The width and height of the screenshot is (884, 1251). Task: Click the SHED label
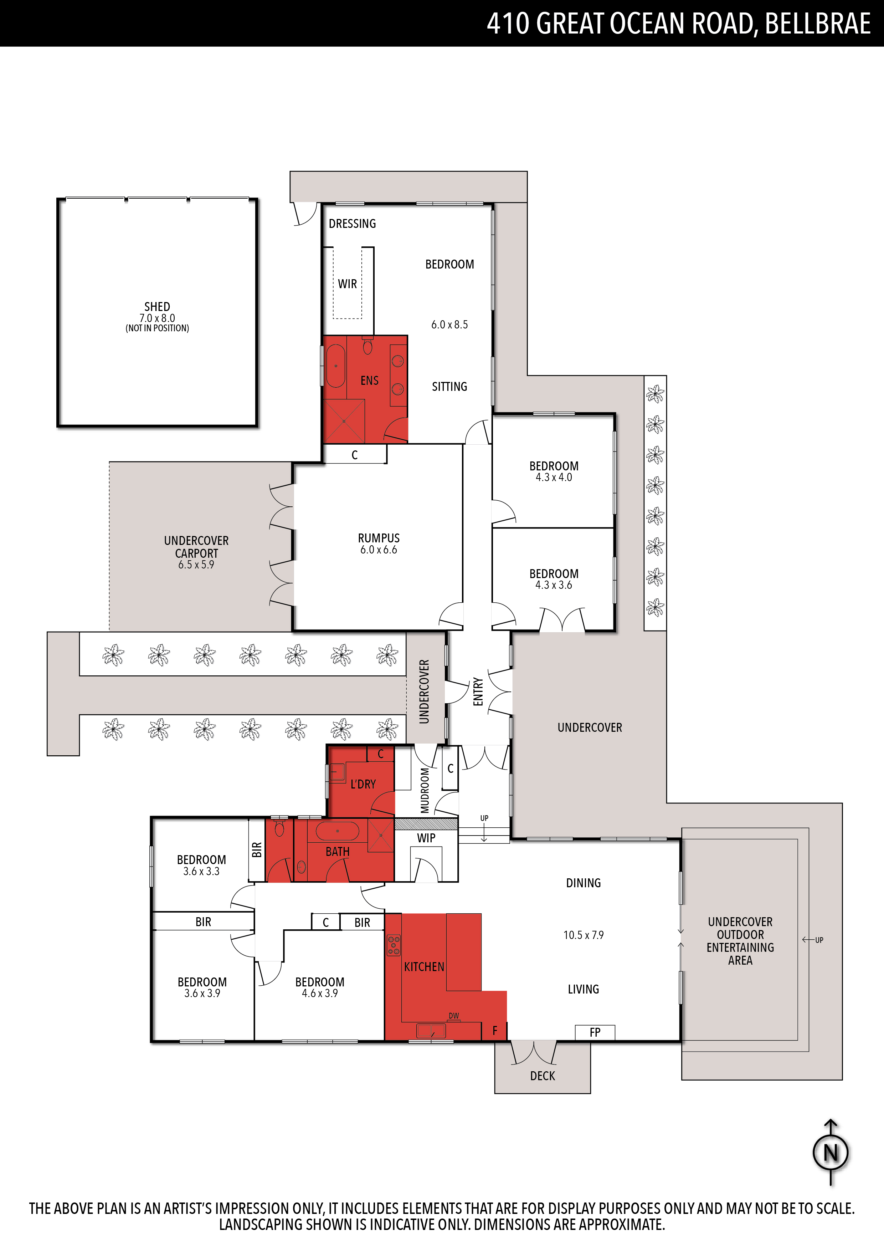[157, 307]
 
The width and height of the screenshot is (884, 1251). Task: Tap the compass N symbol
[831, 1153]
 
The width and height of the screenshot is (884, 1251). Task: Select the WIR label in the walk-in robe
[348, 284]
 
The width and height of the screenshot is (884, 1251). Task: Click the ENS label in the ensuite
[369, 380]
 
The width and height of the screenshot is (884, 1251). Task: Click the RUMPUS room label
[379, 538]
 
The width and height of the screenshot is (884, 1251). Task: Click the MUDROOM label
[425, 790]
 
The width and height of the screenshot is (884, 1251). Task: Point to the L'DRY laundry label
[363, 784]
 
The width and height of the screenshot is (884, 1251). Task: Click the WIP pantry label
[426, 838]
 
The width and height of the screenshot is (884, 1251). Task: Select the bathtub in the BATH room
[337, 831]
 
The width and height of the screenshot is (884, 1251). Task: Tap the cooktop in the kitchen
[393, 945]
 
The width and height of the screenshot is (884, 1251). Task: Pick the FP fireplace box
[595, 1032]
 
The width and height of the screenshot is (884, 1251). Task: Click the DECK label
[543, 1076]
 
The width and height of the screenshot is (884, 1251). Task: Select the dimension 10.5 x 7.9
[584, 935]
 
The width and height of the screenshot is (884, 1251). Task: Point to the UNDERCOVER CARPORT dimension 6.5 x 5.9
[196, 565]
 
